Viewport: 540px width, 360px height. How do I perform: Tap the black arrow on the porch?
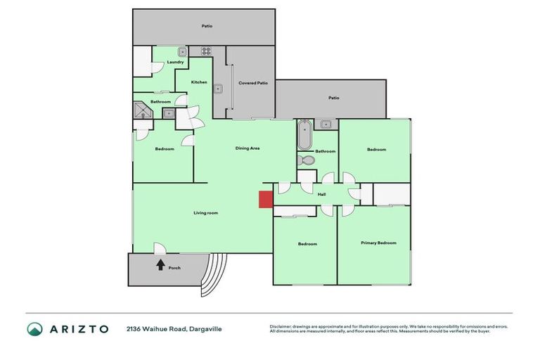pyautogui.click(x=160, y=264)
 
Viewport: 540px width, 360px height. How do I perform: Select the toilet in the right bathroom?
pyautogui.click(x=307, y=160)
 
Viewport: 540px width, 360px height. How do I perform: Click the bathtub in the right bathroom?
pyautogui.click(x=304, y=135)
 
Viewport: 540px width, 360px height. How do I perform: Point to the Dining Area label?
pyautogui.click(x=248, y=148)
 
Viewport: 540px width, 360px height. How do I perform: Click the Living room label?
pyautogui.click(x=206, y=212)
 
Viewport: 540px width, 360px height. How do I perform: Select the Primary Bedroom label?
pyautogui.click(x=378, y=243)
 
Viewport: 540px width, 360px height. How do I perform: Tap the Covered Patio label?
pyautogui.click(x=253, y=83)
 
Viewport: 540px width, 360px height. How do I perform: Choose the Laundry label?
pyautogui.click(x=176, y=62)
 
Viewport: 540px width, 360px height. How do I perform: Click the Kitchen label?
pyautogui.click(x=199, y=82)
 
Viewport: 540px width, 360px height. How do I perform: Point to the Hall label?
pyautogui.click(x=322, y=194)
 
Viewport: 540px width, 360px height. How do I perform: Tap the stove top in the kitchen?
pyautogui.click(x=207, y=51)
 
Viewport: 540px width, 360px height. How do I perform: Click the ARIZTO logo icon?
pyautogui.click(x=35, y=328)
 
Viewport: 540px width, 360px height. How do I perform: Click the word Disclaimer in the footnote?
pyautogui.click(x=283, y=326)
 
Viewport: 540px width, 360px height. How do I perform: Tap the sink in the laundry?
pyautogui.click(x=181, y=51)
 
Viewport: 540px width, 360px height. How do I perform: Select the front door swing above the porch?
pyautogui.click(x=160, y=247)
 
